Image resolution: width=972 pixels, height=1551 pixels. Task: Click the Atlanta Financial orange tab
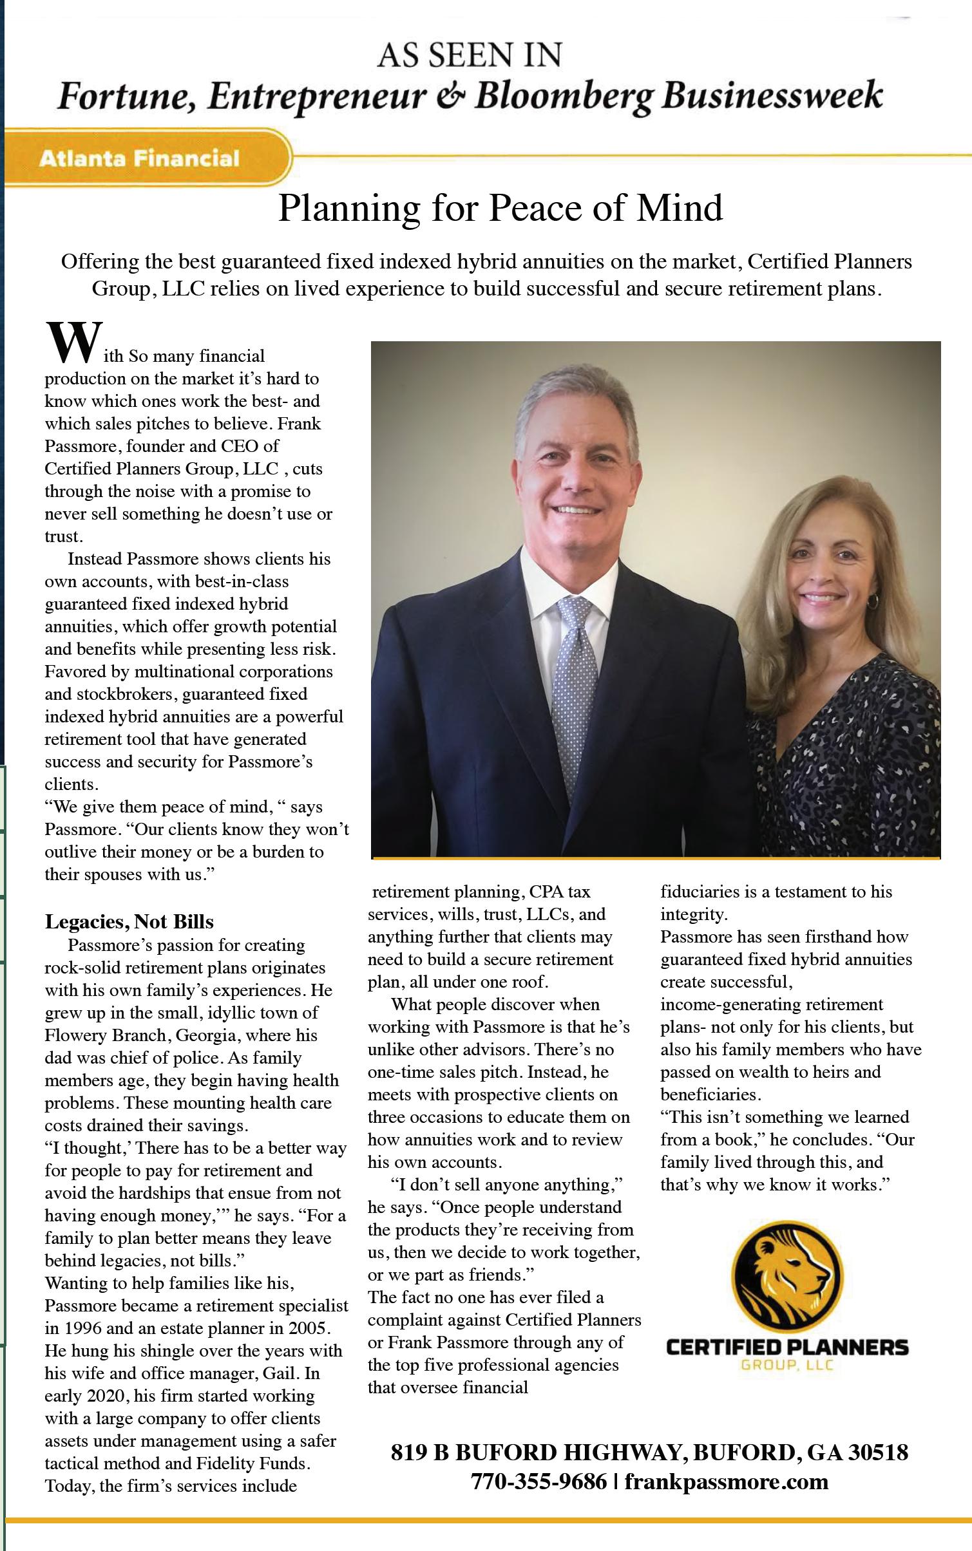point(139,158)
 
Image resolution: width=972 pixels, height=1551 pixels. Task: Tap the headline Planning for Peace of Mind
point(500,208)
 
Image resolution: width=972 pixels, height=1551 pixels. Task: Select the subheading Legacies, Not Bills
point(129,921)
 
